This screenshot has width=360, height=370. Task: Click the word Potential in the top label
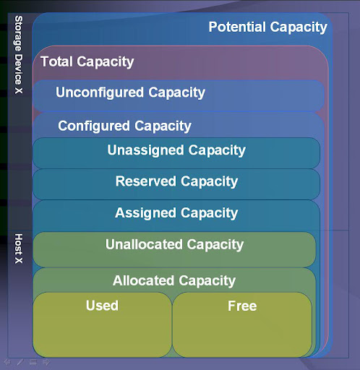click(237, 27)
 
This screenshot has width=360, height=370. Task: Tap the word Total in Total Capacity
click(56, 61)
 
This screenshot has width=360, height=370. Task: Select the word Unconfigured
click(100, 92)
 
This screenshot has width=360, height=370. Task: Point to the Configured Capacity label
click(124, 126)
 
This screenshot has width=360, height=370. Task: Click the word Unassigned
click(145, 150)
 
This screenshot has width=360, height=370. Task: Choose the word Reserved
click(146, 181)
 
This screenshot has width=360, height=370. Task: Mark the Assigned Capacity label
click(176, 213)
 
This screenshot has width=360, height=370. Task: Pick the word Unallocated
click(144, 244)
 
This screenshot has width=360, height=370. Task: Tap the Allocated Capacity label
click(174, 281)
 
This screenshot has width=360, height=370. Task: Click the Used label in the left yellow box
click(102, 306)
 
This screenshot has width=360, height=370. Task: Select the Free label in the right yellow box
click(242, 306)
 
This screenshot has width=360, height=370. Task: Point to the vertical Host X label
click(19, 249)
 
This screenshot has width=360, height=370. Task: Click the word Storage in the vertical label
click(19, 33)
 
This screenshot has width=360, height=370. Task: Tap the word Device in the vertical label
click(19, 69)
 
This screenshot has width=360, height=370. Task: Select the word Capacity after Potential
click(299, 27)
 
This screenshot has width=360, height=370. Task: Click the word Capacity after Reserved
click(209, 181)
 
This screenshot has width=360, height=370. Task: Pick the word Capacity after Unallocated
click(215, 245)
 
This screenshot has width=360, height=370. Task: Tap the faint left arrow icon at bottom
click(7, 362)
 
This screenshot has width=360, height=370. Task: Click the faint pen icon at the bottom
click(20, 362)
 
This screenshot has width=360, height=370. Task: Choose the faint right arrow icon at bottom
click(46, 362)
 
